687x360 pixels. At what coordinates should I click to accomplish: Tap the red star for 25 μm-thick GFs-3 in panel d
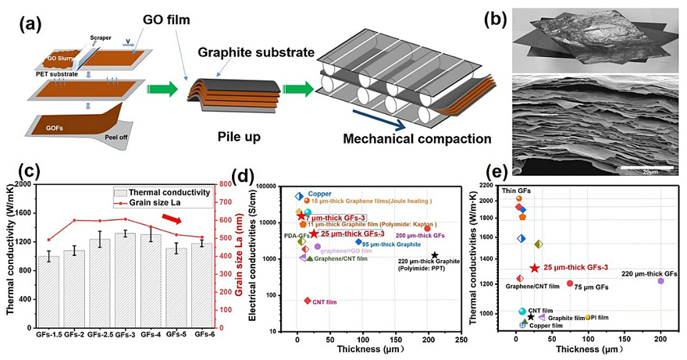point(314,233)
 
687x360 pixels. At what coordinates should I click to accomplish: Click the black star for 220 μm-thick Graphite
point(434,255)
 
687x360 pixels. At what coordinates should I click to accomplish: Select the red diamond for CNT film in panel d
point(308,301)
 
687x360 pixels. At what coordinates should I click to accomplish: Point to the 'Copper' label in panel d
point(320,194)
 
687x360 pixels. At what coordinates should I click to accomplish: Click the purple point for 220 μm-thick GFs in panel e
point(660,280)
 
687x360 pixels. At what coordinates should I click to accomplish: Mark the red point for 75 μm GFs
point(570,283)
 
